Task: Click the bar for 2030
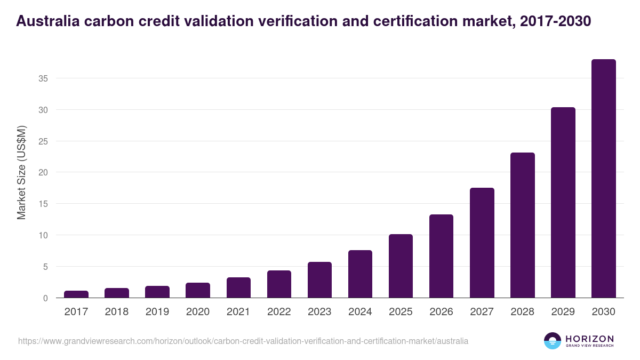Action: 603,179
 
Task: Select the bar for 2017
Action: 76,294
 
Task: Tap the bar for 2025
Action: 401,266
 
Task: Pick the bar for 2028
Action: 522,225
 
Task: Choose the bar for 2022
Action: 279,284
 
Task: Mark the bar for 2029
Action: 563,203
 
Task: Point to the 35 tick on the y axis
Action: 43,78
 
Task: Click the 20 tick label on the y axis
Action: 43,172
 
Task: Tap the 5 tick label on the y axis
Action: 45,267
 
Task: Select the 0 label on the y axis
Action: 45,298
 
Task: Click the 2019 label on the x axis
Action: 157,312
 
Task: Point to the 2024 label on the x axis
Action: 360,312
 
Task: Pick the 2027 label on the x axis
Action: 482,312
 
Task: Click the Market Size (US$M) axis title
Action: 21,172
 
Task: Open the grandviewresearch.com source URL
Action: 243,341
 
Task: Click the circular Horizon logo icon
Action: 552,341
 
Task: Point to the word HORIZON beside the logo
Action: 589,339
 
